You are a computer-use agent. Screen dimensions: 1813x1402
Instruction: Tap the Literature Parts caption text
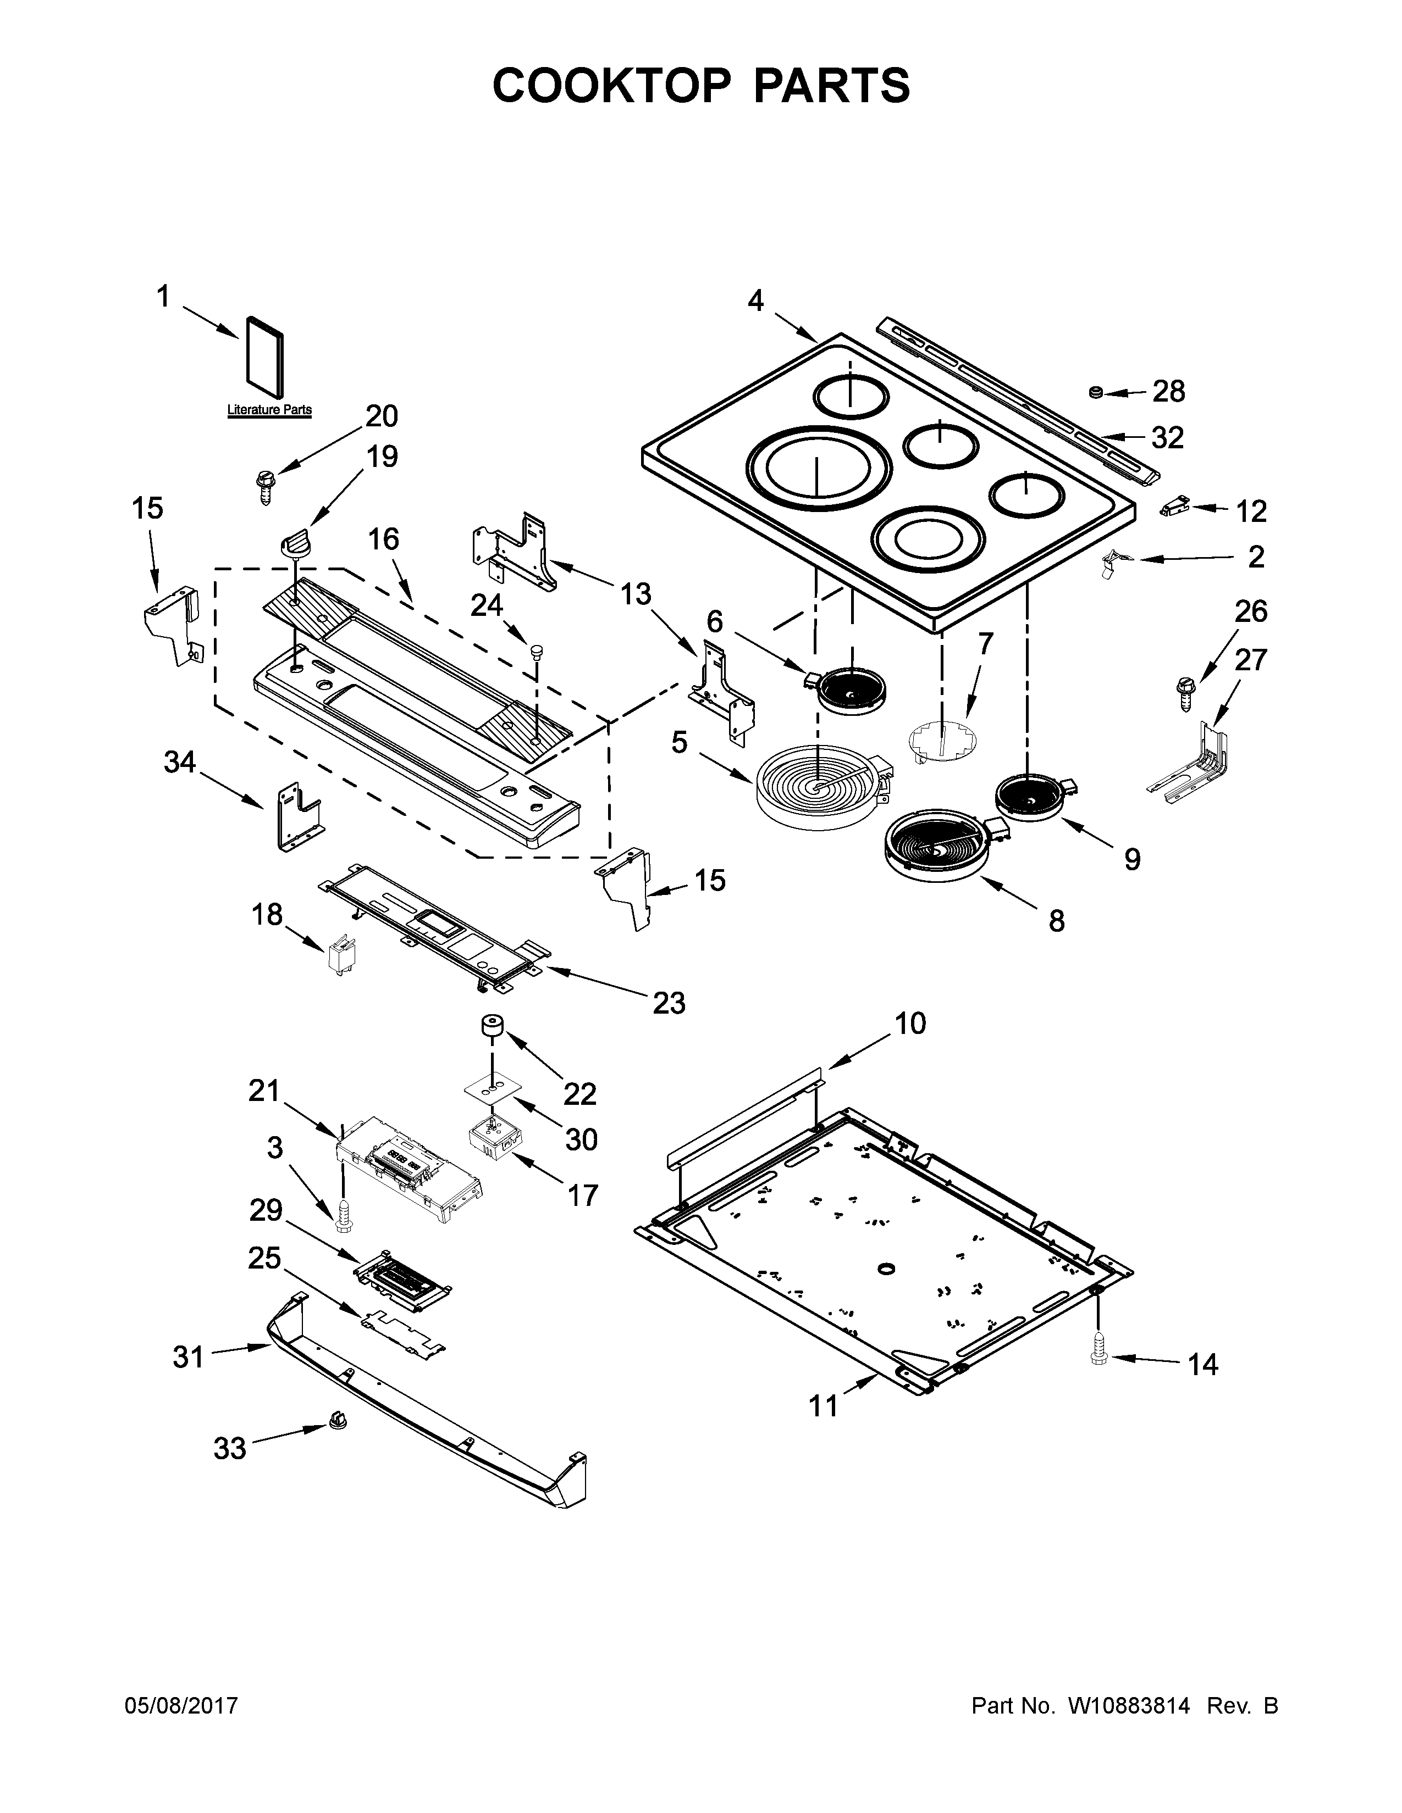(269, 409)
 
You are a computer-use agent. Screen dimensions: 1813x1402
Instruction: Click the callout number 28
(1169, 391)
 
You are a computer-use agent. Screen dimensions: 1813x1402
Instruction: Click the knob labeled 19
(296, 544)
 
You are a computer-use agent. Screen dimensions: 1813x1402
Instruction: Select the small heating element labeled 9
(1033, 798)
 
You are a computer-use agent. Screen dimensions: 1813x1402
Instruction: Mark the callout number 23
(669, 1003)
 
